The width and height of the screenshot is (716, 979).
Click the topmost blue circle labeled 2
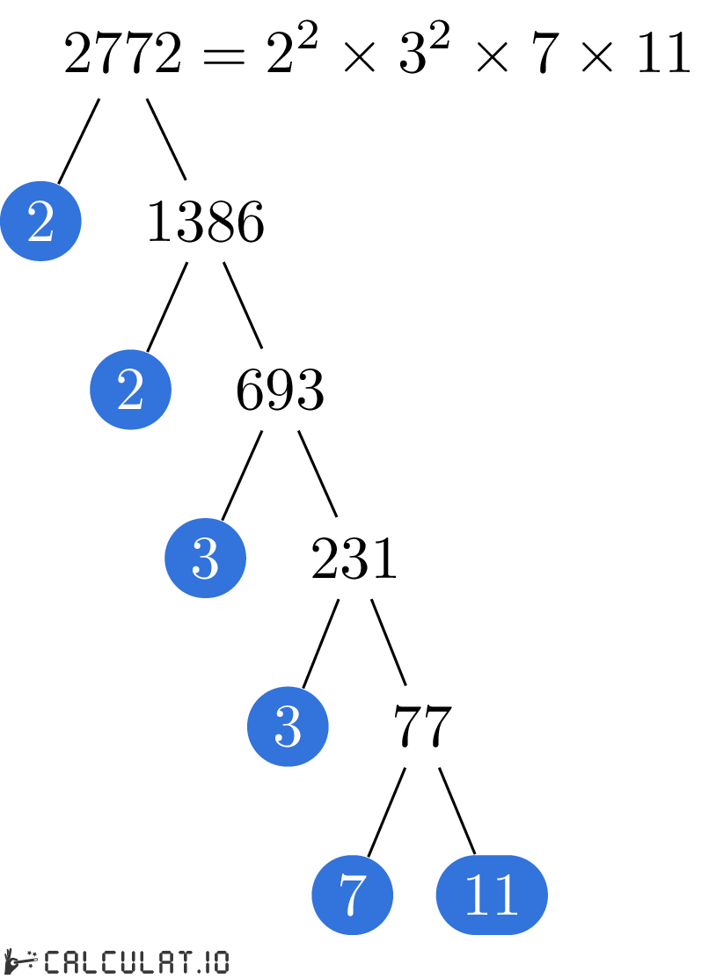point(40,221)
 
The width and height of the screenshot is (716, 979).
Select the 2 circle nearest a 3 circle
point(130,390)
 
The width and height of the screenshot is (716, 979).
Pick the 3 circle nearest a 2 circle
point(205,558)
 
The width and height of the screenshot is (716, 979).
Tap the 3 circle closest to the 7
point(288,727)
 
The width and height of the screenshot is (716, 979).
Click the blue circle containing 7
point(352,895)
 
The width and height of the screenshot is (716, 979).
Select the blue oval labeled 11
point(492,895)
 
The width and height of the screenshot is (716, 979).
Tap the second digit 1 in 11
point(506,895)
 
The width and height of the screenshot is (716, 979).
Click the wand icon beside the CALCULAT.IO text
point(21,961)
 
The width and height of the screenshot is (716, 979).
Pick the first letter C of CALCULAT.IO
point(52,961)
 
